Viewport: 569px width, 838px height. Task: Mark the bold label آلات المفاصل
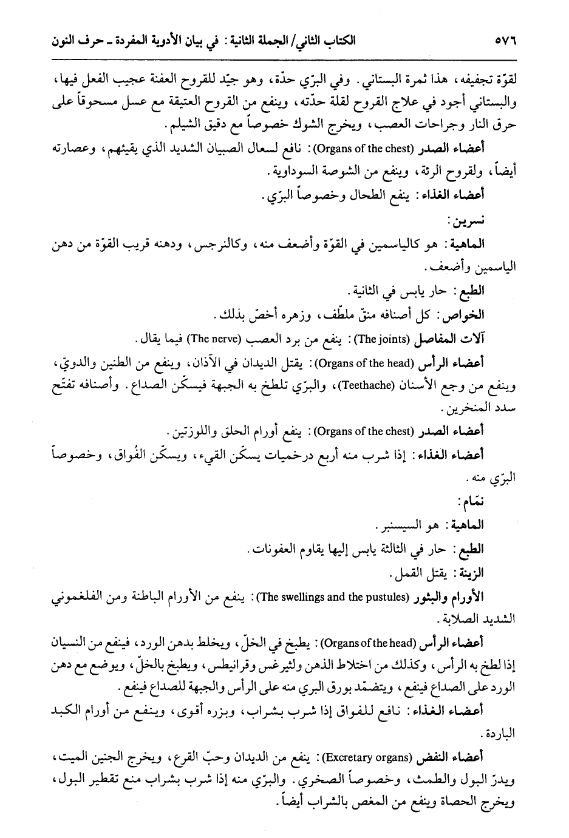[x=449, y=337]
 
